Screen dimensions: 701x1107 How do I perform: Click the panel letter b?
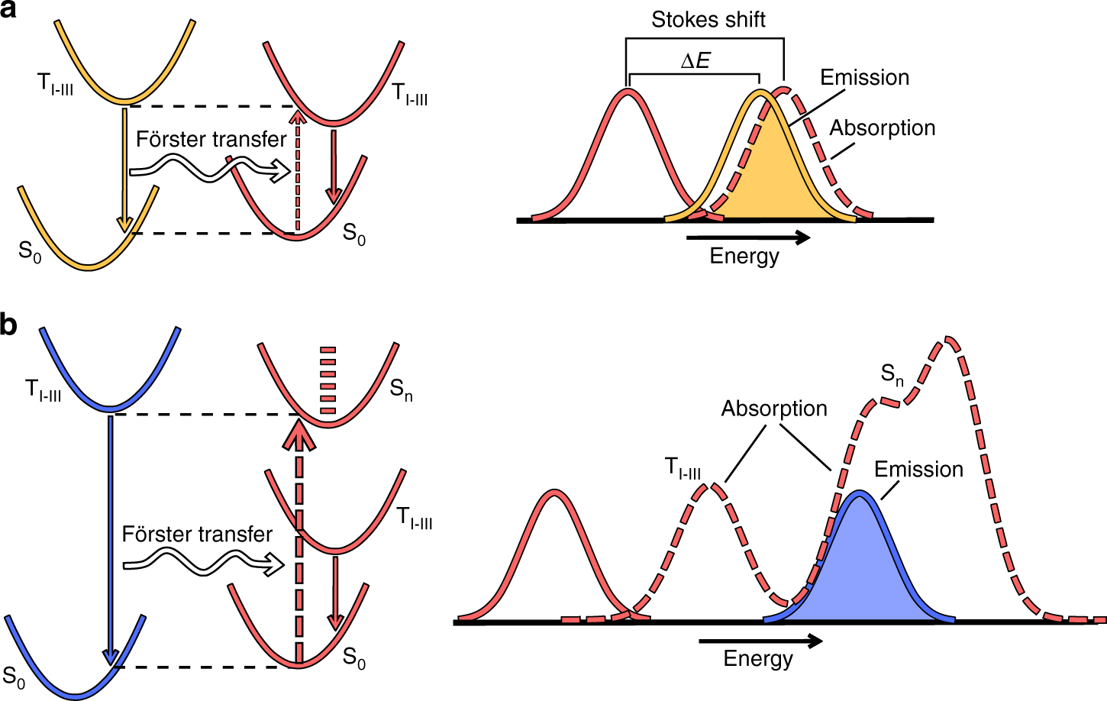[x=8, y=325]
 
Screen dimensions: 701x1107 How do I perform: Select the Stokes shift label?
[x=708, y=20]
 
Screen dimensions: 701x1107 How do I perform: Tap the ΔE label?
[x=695, y=61]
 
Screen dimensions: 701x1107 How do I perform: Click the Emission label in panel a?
[x=864, y=77]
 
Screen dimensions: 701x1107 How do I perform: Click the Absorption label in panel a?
[x=882, y=128]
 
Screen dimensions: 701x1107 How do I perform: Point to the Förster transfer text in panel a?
[x=211, y=139]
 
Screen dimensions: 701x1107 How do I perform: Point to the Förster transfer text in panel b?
[x=197, y=534]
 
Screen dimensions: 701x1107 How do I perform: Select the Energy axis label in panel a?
[x=744, y=256]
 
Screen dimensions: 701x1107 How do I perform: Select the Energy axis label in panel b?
[x=758, y=658]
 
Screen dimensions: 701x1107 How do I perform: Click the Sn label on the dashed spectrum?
[x=892, y=374]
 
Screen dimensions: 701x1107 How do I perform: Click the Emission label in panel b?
[x=918, y=469]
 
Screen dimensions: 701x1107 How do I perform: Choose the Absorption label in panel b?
[x=774, y=409]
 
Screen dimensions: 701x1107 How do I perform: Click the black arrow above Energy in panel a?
[x=748, y=238]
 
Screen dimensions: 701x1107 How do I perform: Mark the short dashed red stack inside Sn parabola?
[x=328, y=380]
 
